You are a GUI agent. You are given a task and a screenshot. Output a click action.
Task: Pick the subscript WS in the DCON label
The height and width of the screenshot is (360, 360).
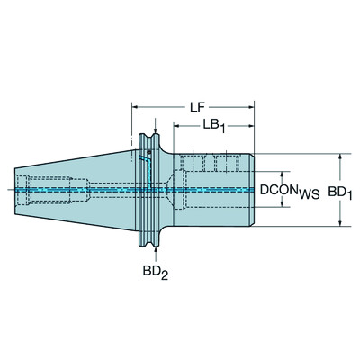coord(309,194)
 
